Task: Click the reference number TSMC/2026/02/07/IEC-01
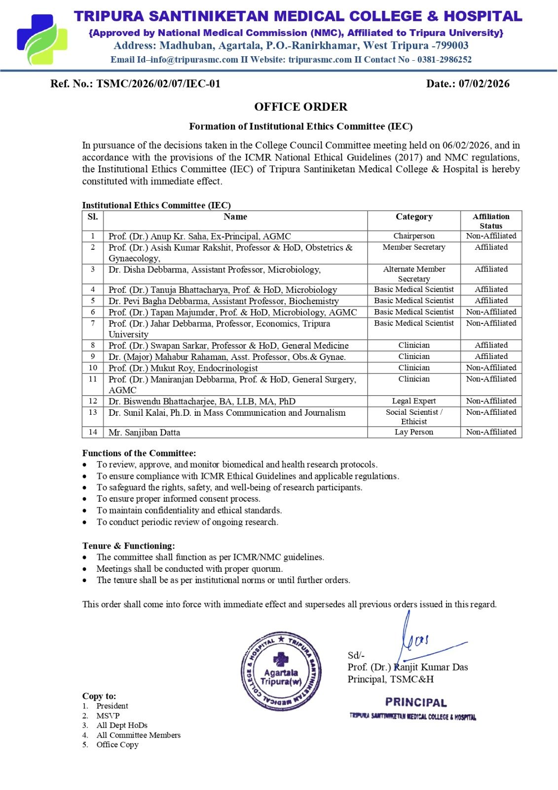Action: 158,83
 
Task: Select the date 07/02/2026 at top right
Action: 484,83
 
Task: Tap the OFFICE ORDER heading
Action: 300,107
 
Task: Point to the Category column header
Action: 414,217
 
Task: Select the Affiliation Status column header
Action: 491,221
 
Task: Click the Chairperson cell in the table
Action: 414,236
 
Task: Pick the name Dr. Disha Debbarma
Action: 149,270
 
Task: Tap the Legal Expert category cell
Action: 414,401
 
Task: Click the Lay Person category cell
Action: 414,432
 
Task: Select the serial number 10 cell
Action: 93,368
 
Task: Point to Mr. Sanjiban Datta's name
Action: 144,433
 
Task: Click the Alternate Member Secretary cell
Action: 414,274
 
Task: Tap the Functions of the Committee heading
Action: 139,453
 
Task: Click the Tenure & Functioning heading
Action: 128,546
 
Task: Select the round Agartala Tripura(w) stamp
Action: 281,671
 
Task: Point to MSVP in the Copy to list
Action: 108,716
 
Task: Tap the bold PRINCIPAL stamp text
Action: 416,702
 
